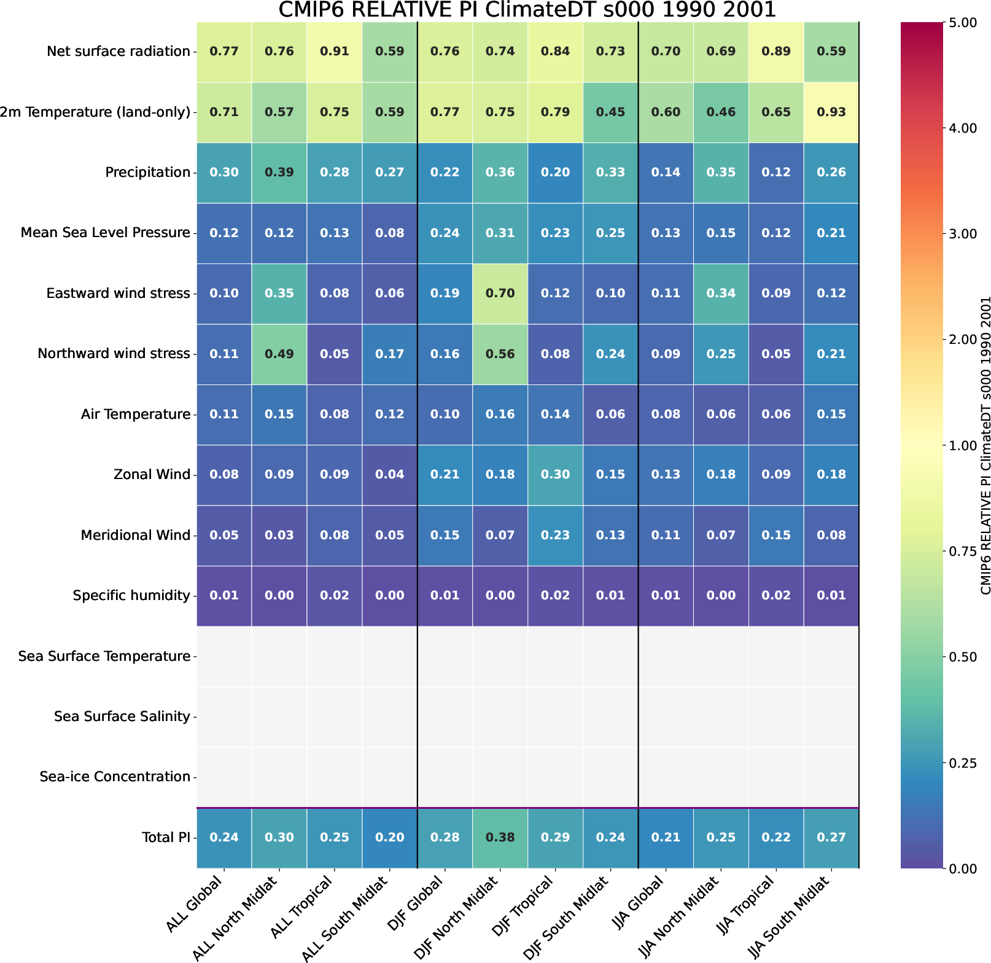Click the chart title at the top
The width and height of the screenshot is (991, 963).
527,10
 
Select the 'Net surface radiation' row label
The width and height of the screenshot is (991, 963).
119,52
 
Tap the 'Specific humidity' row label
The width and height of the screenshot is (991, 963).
131,596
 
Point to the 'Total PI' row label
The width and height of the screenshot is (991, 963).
166,837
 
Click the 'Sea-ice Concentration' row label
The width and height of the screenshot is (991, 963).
115,777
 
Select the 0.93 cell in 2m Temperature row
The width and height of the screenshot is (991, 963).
831,112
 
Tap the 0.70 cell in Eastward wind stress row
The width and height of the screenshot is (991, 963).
500,294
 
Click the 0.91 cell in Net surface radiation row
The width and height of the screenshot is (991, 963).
334,52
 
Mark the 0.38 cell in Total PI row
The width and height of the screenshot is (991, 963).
500,837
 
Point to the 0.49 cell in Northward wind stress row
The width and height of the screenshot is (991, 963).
279,354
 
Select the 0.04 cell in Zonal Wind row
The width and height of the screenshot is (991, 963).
389,475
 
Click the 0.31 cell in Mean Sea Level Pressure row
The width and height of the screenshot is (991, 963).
500,233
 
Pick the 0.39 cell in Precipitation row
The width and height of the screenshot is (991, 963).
279,173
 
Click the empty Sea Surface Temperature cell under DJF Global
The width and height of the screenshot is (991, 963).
445,656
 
